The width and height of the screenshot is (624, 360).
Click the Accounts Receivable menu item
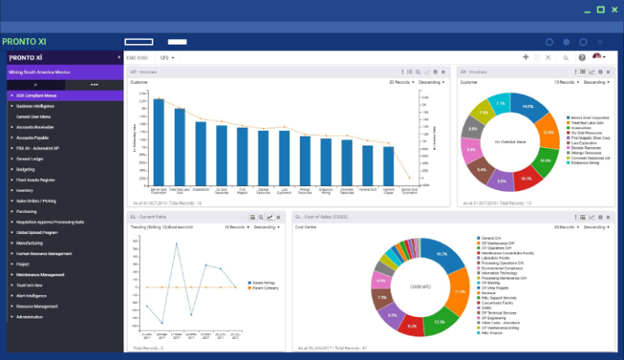click(x=35, y=127)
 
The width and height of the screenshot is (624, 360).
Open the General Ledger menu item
click(x=30, y=158)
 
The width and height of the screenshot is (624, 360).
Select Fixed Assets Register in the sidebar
click(x=36, y=180)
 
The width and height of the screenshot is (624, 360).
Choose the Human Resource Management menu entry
click(x=44, y=254)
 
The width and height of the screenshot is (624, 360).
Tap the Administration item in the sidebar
click(x=29, y=317)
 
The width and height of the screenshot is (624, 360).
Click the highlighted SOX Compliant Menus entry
click(x=37, y=95)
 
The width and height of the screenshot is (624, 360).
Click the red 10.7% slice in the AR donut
click(x=525, y=176)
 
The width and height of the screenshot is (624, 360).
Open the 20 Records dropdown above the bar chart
click(x=401, y=82)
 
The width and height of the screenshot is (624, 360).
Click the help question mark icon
click(x=582, y=58)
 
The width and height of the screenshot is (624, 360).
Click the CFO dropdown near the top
click(x=167, y=58)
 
